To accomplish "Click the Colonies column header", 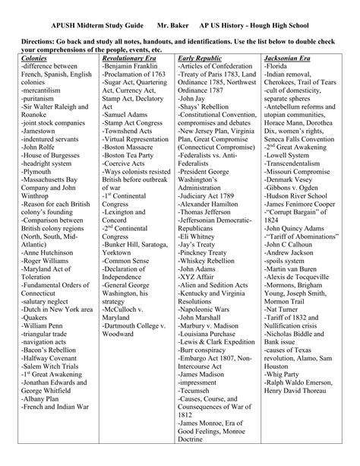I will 35,58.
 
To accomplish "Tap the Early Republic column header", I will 200,58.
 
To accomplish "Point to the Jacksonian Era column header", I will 289,58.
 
